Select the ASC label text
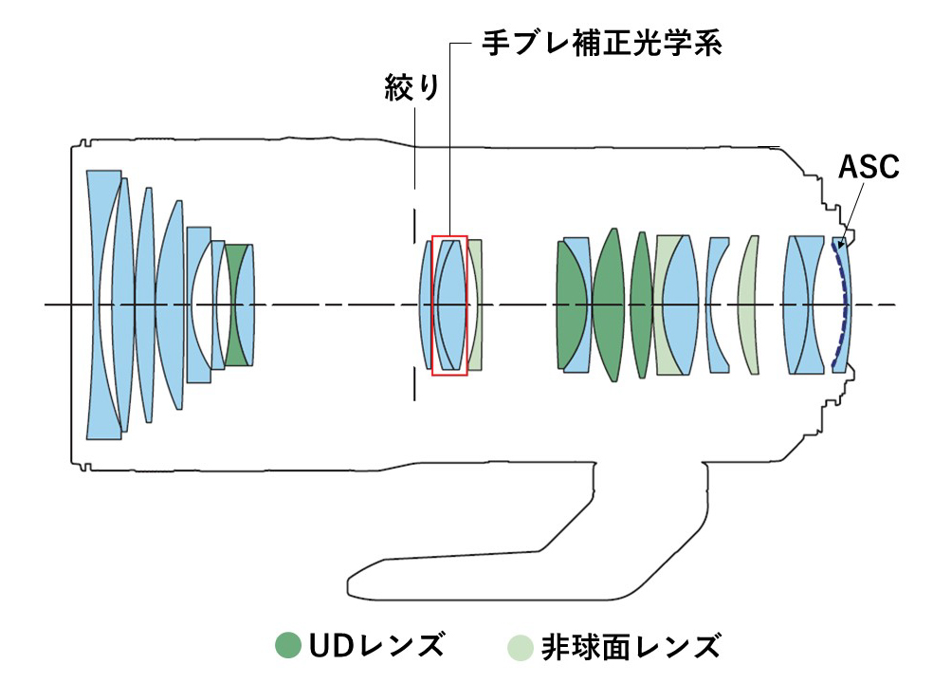pyautogui.click(x=868, y=168)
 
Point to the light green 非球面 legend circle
pyautogui.click(x=521, y=646)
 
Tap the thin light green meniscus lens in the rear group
pyautogui.click(x=749, y=305)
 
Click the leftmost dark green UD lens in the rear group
pyautogui.click(x=572, y=305)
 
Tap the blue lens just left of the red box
pyautogui.click(x=426, y=305)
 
